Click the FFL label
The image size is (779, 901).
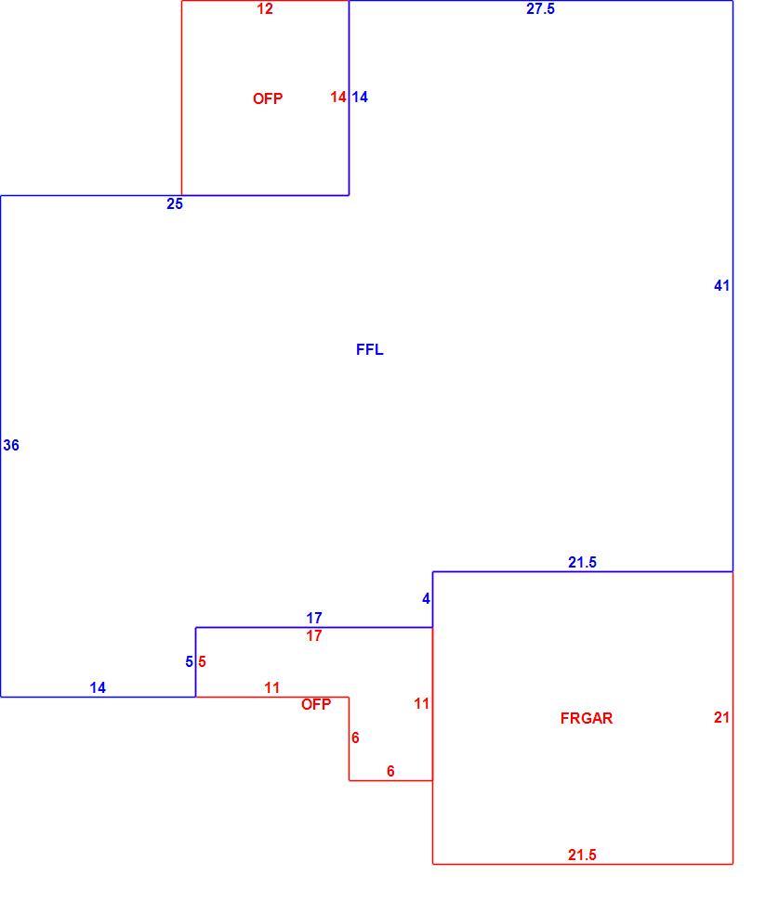[x=370, y=349]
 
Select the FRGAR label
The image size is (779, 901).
[x=587, y=718]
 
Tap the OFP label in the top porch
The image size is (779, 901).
[x=268, y=98]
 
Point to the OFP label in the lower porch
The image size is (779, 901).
[x=316, y=704]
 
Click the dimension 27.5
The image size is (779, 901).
[x=540, y=8]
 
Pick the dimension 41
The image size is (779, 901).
[x=721, y=285]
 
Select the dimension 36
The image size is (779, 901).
[x=11, y=445]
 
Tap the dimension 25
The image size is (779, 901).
[x=175, y=204]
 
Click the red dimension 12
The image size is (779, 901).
[x=265, y=8]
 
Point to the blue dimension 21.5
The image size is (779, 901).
[x=582, y=562]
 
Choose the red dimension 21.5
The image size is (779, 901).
[x=582, y=855]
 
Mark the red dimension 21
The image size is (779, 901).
[x=721, y=717]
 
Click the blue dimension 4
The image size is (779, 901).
[x=426, y=599]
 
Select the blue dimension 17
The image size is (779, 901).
[x=314, y=618]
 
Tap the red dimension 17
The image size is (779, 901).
[x=314, y=635]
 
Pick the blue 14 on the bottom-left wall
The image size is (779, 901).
[x=98, y=687]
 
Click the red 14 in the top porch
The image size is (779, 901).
[x=338, y=98]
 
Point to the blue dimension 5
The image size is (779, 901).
[x=189, y=662]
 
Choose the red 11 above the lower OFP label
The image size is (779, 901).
[x=272, y=687]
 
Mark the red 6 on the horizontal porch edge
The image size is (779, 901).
[x=391, y=771]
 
